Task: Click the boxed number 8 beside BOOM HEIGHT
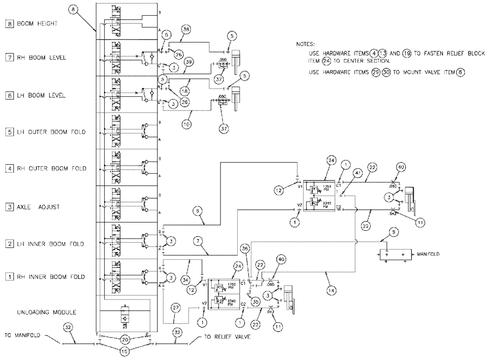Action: click(8, 22)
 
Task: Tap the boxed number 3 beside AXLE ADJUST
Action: click(8, 207)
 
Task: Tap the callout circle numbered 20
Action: click(125, 338)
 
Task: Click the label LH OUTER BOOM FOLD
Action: click(51, 132)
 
